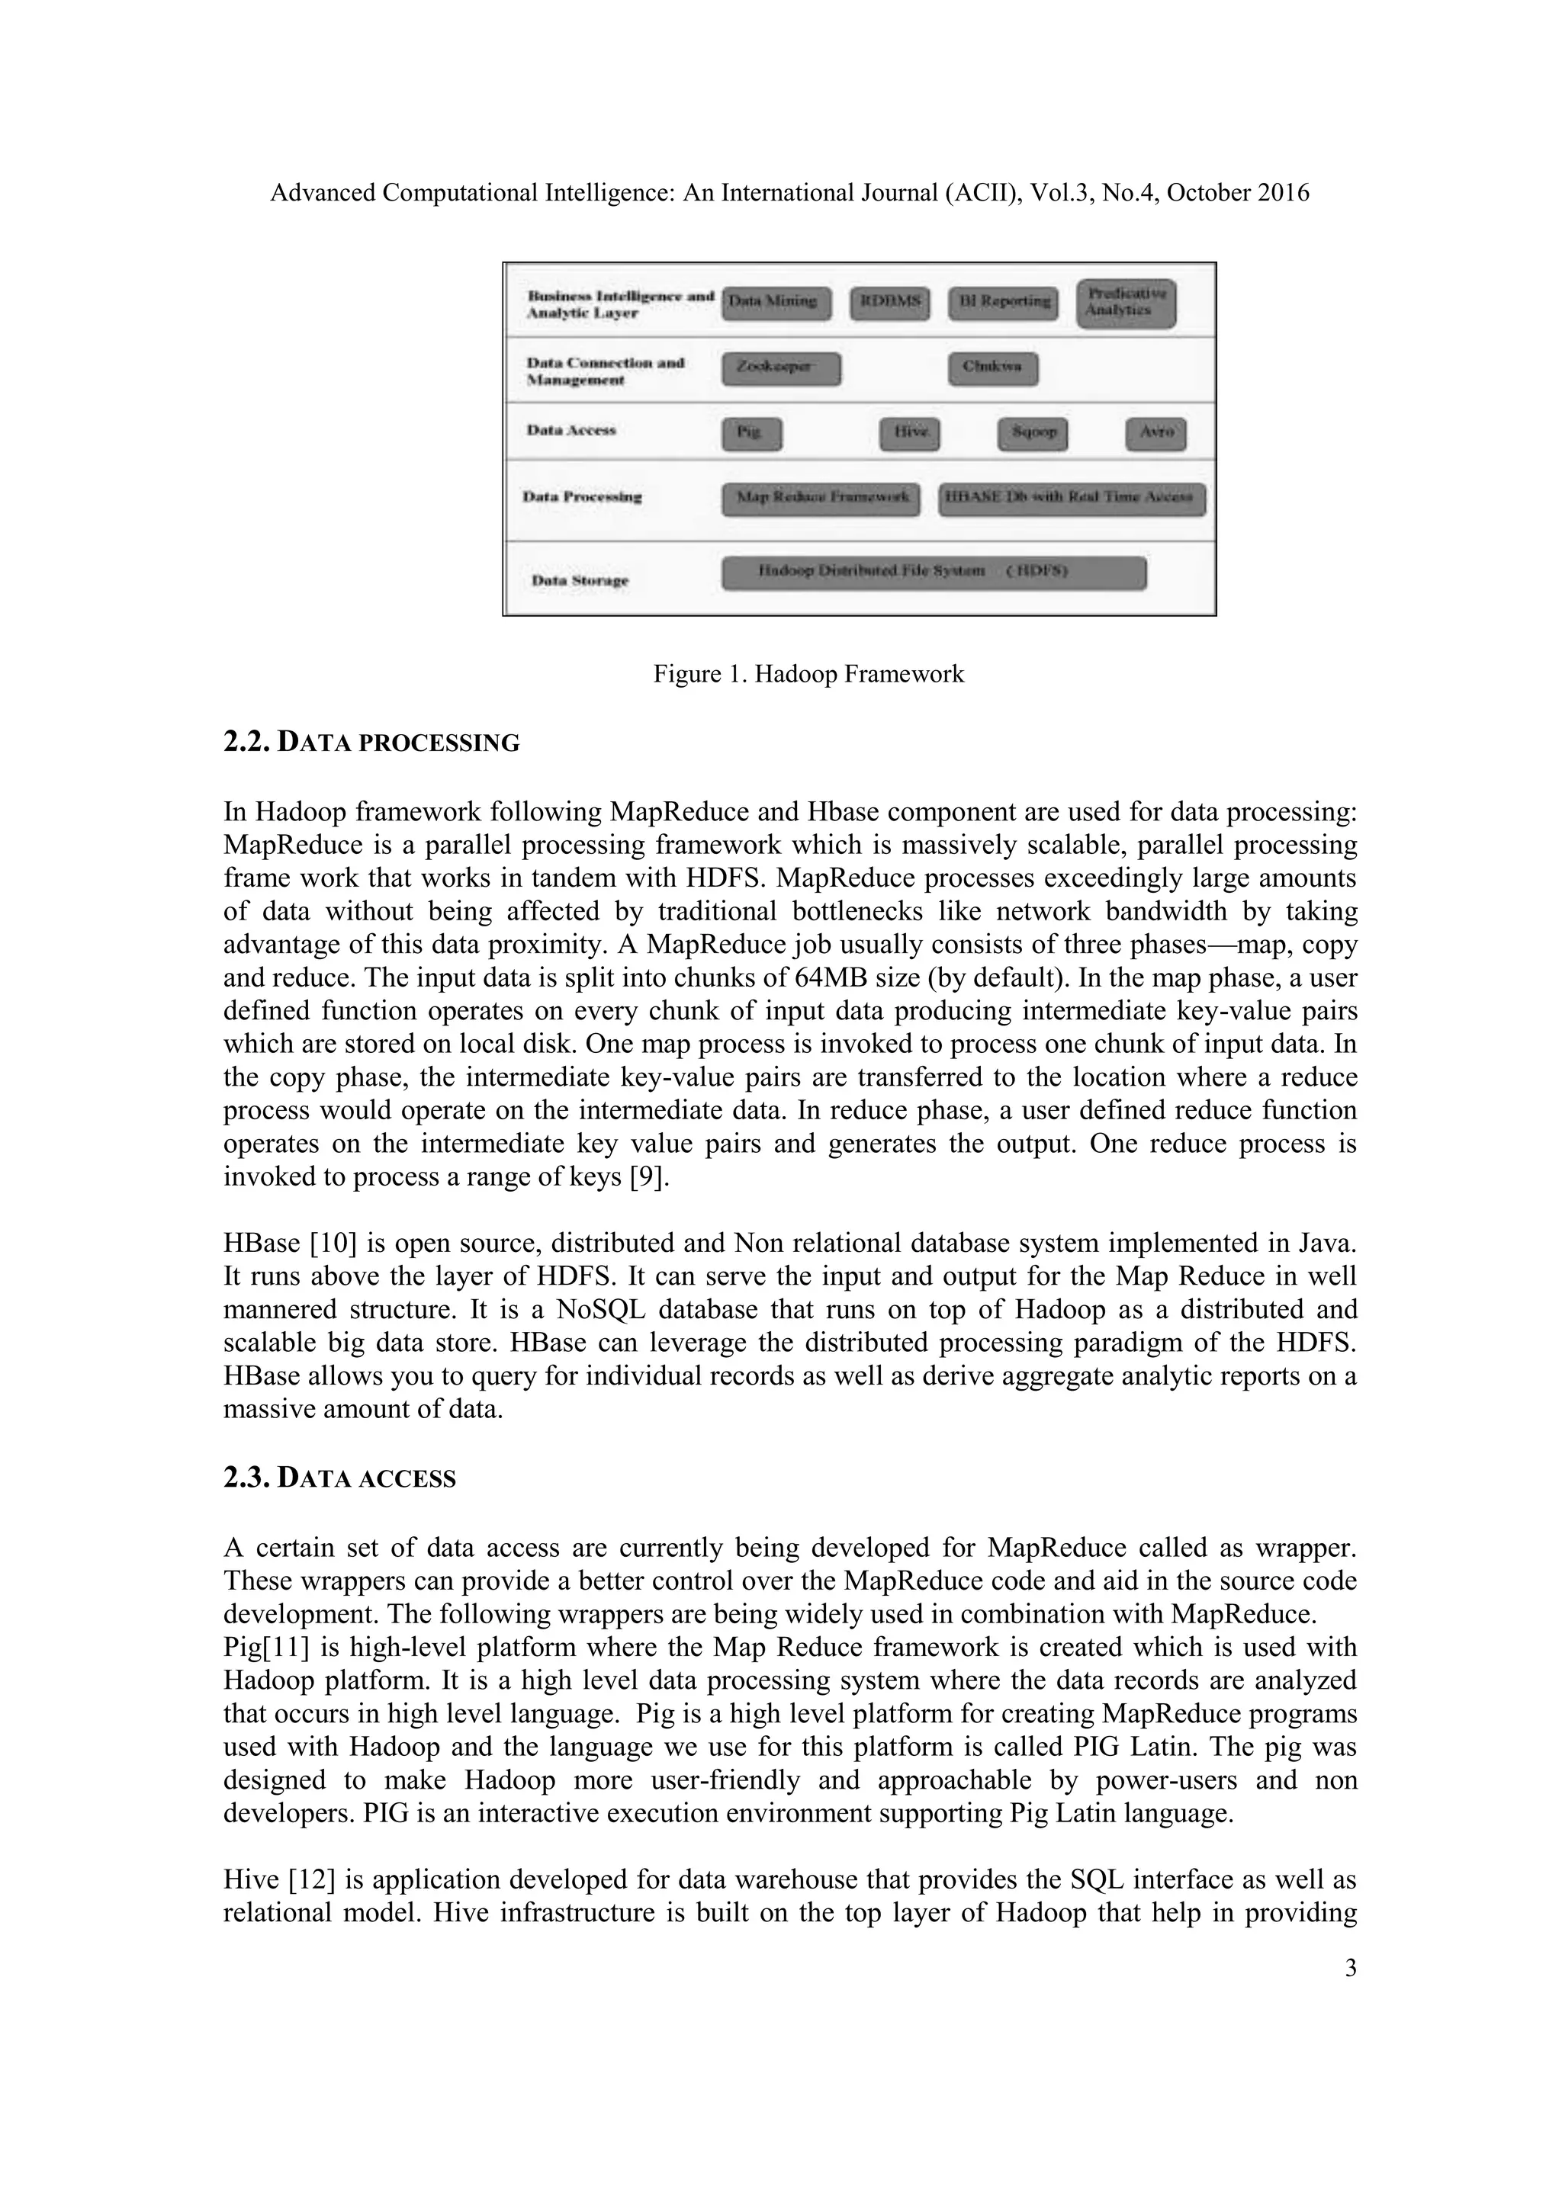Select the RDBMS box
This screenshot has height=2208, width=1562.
(x=891, y=303)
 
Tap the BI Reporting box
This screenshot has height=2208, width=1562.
(x=1002, y=303)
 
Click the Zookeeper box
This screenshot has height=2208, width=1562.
(x=780, y=368)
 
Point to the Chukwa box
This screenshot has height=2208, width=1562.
(x=992, y=368)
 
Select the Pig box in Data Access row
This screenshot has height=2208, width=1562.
(x=751, y=434)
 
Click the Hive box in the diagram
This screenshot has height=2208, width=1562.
(x=909, y=434)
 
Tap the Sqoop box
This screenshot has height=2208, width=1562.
(x=1032, y=434)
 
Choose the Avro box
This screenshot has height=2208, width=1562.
(x=1155, y=434)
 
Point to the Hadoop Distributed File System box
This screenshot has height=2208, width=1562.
(x=933, y=573)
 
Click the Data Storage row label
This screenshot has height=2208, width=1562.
(x=580, y=581)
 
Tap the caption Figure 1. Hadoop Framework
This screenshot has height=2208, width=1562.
(x=808, y=674)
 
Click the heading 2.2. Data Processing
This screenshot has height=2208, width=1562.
(x=371, y=743)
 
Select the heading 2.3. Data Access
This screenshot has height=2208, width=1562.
(x=339, y=1478)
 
